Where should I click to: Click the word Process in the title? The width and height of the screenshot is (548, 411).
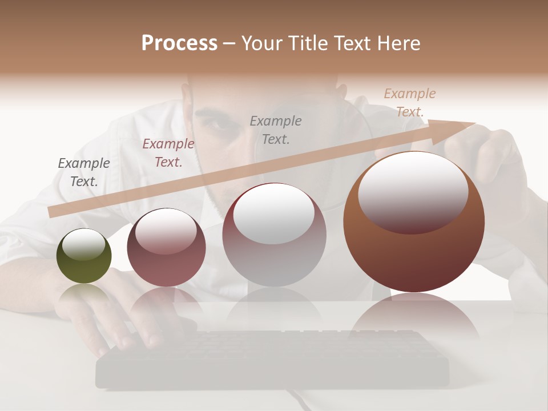coord(179,43)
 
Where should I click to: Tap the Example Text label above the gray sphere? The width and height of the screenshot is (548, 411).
coord(276,130)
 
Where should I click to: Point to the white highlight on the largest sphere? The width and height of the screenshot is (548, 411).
coord(413,191)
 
